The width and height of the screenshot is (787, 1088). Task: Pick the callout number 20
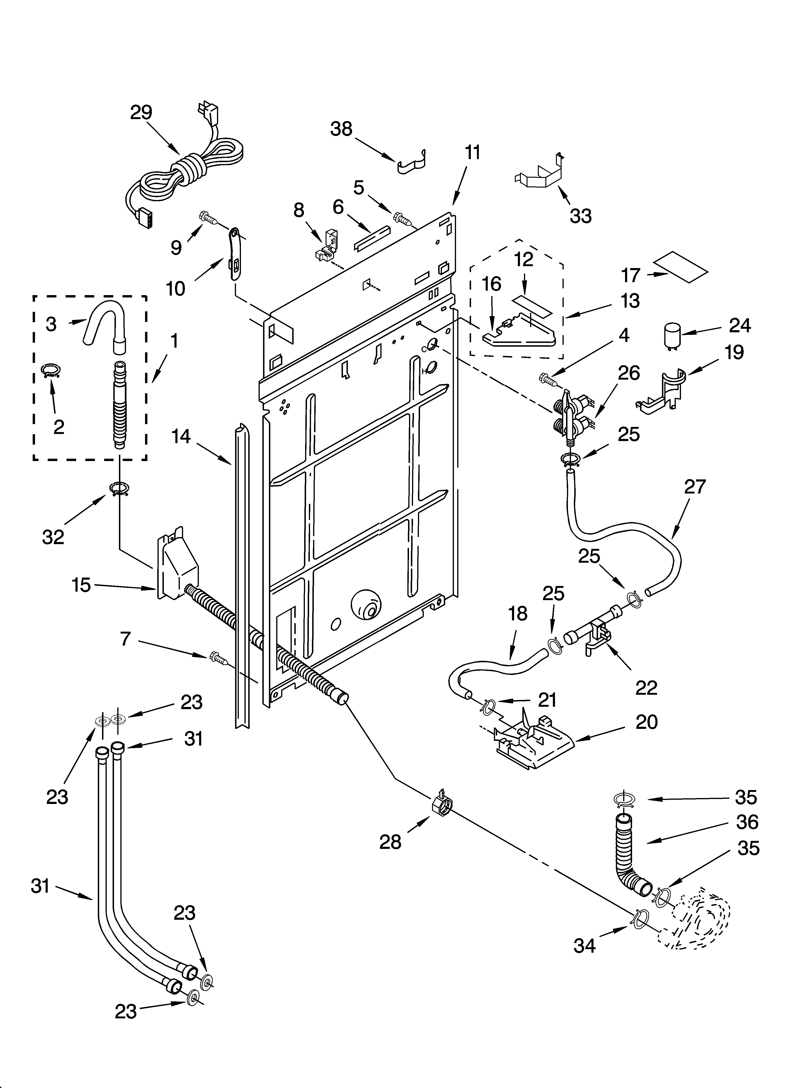pos(646,721)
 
